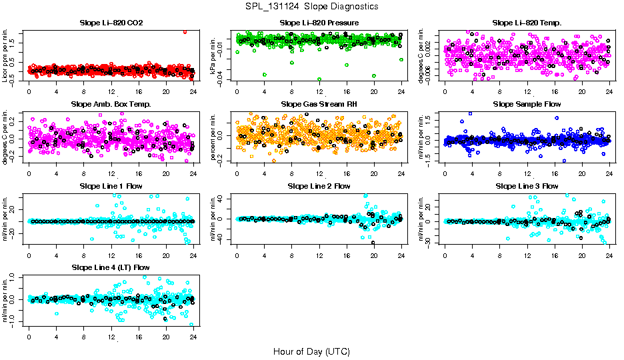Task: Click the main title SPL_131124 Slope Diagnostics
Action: click(x=312, y=7)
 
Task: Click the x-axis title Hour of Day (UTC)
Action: click(x=311, y=351)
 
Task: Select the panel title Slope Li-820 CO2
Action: click(x=111, y=23)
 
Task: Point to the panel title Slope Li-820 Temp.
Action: click(x=527, y=23)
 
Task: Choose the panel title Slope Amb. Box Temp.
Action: click(x=111, y=105)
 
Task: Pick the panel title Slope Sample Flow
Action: click(x=527, y=105)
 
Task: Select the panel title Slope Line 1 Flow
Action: click(x=111, y=186)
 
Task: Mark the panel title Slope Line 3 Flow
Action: click(x=527, y=186)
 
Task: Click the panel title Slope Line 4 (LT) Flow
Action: click(x=111, y=267)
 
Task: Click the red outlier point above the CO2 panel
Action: click(x=185, y=31)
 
